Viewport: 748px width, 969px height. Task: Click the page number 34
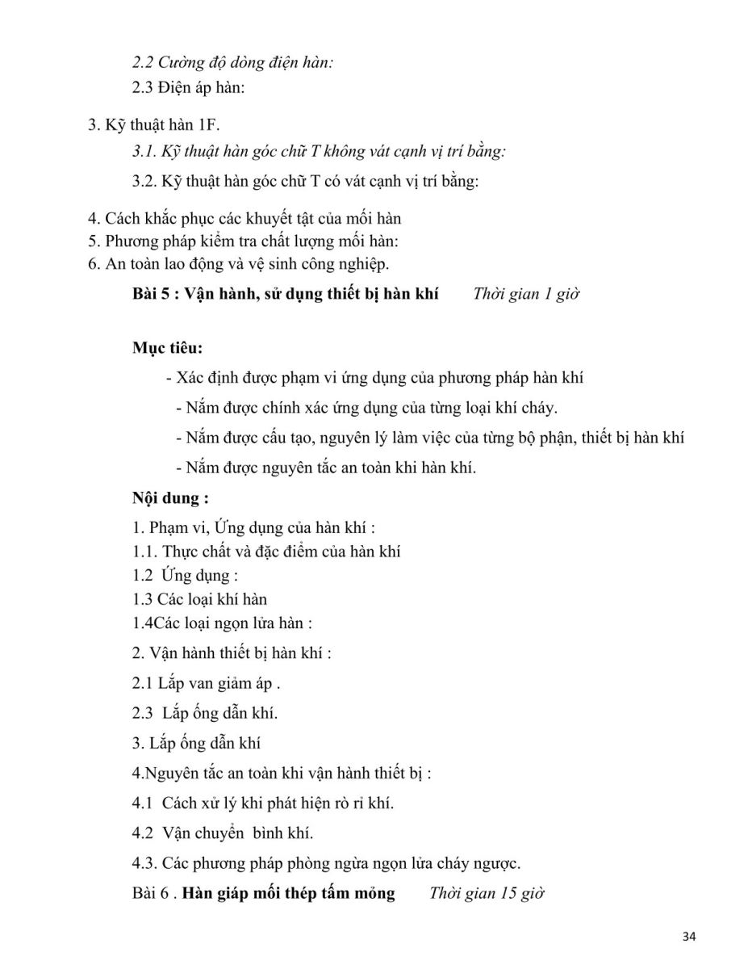click(x=688, y=936)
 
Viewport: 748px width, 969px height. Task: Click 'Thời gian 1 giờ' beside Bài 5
click(x=526, y=294)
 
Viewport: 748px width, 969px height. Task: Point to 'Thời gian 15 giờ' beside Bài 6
click(x=487, y=893)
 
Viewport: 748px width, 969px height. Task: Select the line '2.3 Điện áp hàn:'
click(x=189, y=87)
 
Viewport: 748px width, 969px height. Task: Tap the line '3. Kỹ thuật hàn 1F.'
click(x=153, y=124)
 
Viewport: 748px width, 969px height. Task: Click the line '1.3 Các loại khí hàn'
click(x=199, y=599)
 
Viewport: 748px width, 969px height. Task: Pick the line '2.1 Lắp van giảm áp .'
click(x=207, y=682)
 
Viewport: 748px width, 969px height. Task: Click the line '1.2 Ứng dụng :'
click(x=186, y=576)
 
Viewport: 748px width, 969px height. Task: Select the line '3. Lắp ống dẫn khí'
click(x=196, y=743)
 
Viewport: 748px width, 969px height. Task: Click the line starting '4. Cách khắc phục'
click(x=244, y=218)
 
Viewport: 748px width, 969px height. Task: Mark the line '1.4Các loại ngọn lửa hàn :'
click(x=222, y=623)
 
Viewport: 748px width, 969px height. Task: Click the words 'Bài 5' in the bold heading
click(x=151, y=294)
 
